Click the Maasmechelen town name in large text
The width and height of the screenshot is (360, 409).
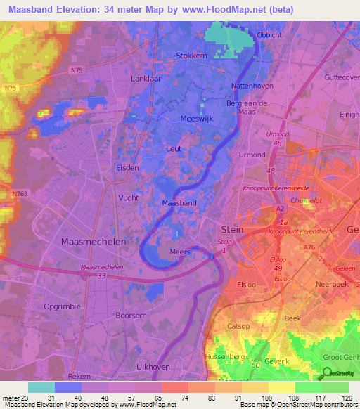click(x=94, y=241)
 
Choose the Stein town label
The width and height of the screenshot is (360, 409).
click(x=232, y=229)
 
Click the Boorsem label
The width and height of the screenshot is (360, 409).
click(x=131, y=316)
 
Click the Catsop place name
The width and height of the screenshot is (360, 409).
click(x=238, y=326)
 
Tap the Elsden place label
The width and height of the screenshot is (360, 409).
click(x=127, y=168)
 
